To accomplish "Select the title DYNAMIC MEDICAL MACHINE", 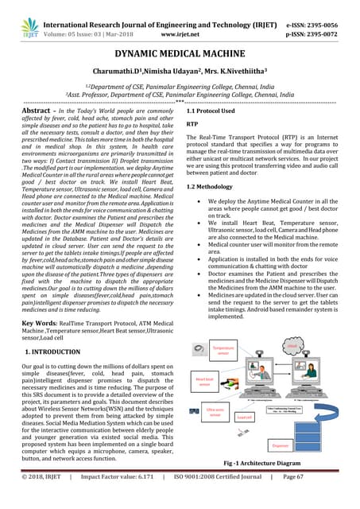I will click(x=180, y=52).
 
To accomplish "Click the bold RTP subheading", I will click(x=192, y=125).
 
